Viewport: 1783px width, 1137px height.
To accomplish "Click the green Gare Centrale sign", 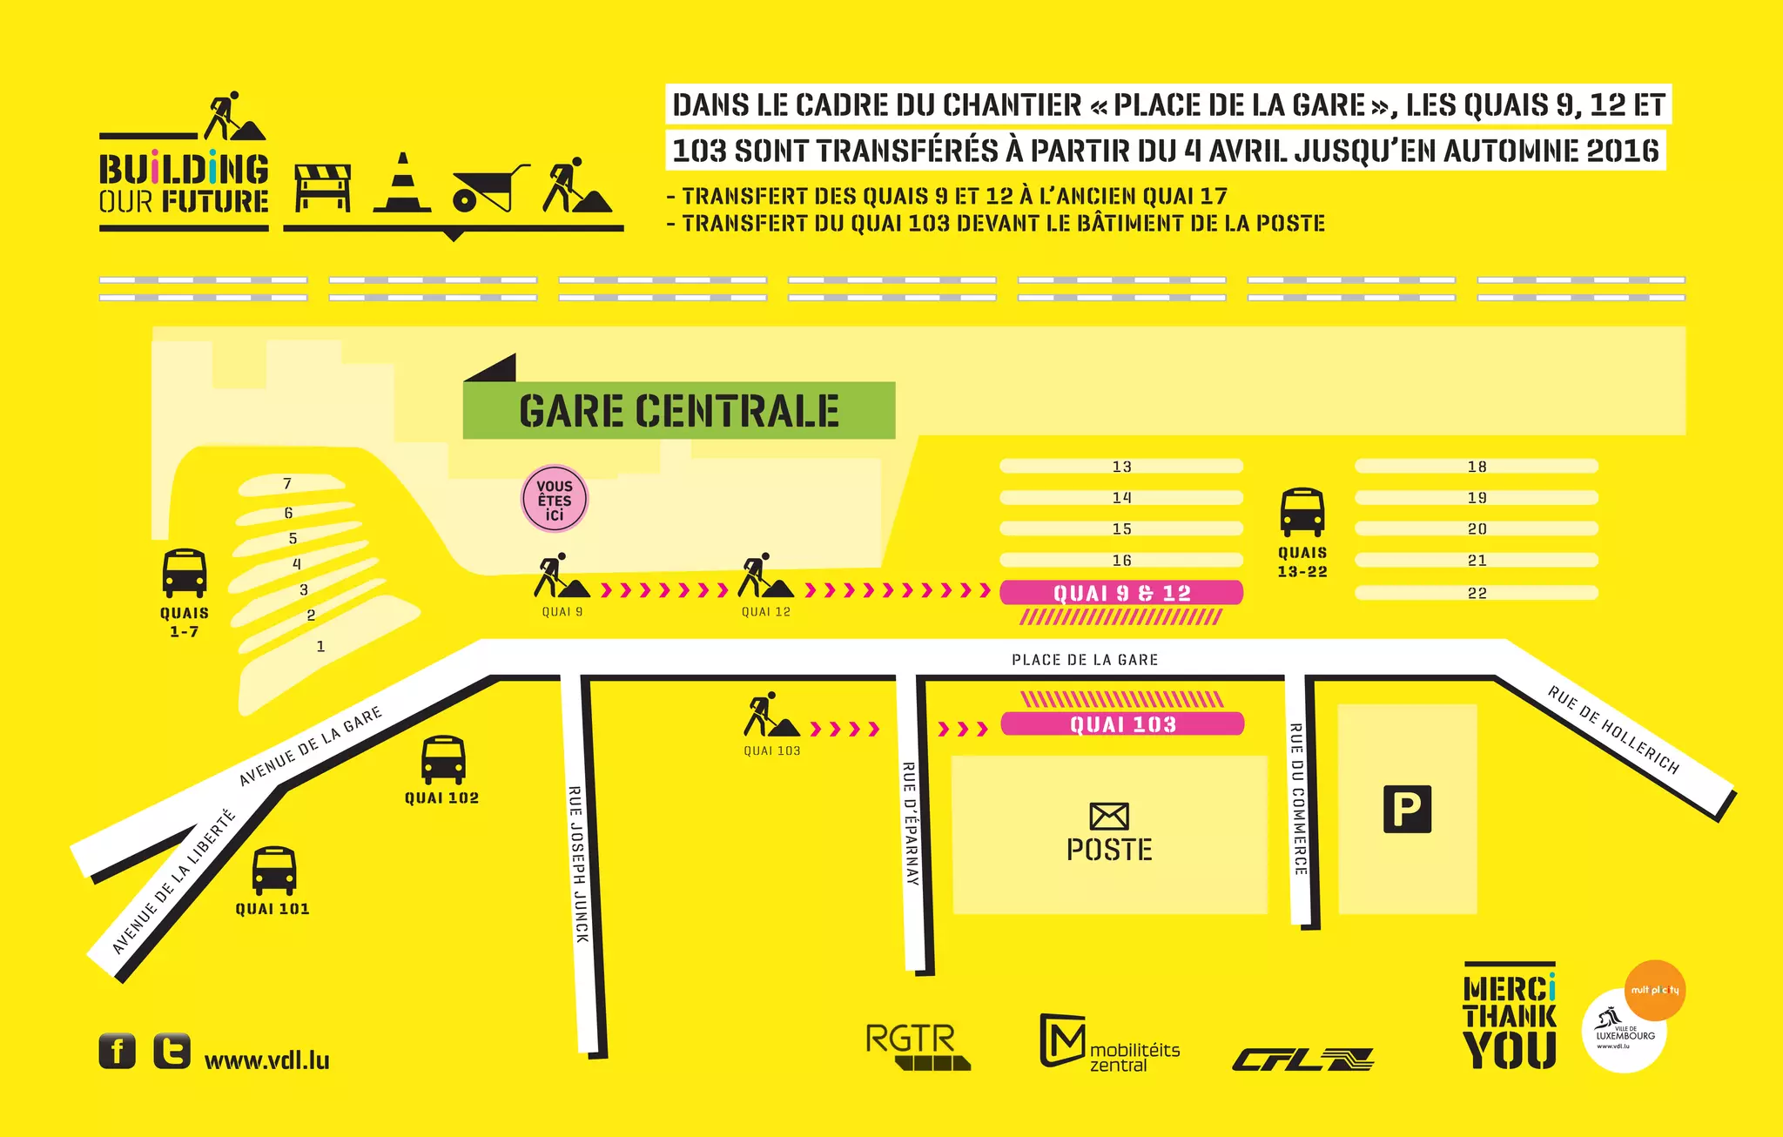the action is [678, 410].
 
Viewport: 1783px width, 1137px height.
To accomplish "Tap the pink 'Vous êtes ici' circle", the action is [555, 500].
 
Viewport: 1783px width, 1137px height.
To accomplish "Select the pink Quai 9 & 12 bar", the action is [1121, 593].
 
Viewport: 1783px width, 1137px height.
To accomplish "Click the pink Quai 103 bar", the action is [1122, 723].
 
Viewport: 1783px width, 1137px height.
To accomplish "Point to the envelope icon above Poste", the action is [1109, 816].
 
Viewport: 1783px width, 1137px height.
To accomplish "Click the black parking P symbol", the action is [1407, 809].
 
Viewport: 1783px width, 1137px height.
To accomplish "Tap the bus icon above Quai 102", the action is [443, 760].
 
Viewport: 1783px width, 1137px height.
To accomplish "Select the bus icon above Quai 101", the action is [274, 870].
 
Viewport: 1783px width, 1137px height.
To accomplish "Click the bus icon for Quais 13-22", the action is [1302, 512].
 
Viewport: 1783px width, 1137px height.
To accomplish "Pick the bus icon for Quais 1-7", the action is [185, 573].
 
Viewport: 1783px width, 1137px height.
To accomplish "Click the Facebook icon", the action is [118, 1051].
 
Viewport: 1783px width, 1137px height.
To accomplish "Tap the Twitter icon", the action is [172, 1051].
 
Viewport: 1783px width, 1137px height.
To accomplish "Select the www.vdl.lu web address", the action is [266, 1060].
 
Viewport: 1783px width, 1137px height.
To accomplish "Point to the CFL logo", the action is [1302, 1060].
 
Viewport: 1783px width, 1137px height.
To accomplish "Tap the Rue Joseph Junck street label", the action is [578, 864].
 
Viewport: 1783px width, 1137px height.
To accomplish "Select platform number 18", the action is [1477, 467].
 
